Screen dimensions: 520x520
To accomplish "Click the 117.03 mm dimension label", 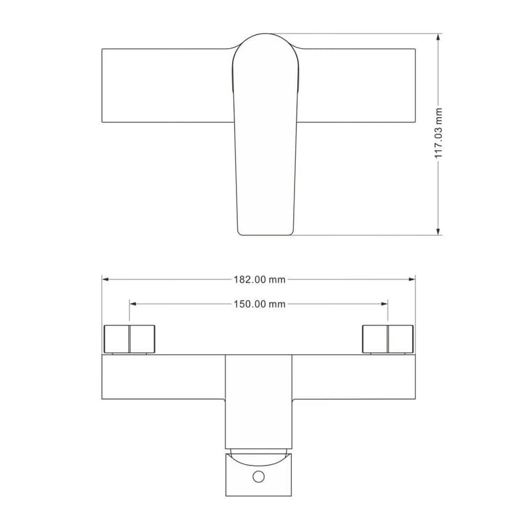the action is tap(438, 133).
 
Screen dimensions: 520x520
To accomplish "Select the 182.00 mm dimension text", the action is tap(259, 279).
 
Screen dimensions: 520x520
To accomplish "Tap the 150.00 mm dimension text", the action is tap(259, 304).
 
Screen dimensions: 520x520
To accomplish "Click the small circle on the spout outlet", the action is tap(259, 476).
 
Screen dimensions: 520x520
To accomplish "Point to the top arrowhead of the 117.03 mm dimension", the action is tap(438, 37).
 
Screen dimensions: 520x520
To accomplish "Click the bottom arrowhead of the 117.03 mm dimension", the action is tap(438, 231).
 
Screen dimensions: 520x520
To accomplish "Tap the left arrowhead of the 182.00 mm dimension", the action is tap(105, 279).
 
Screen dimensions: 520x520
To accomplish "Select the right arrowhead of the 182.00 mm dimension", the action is tap(411, 279).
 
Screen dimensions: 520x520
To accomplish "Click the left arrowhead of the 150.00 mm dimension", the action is tap(133, 304).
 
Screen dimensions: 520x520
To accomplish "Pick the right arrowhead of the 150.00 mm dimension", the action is tap(384, 304).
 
